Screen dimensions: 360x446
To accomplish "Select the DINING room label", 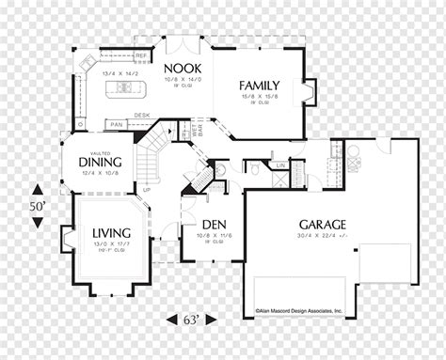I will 97,161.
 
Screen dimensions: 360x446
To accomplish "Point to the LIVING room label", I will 110,232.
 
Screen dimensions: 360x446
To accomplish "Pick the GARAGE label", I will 323,225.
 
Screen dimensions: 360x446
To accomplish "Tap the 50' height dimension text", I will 37,203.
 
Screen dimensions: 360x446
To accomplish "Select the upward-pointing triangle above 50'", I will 37,186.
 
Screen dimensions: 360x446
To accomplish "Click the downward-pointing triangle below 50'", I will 37,222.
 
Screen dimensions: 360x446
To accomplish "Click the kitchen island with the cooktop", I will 125,90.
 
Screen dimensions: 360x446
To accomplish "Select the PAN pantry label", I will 116,123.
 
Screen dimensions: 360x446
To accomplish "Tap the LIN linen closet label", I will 280,166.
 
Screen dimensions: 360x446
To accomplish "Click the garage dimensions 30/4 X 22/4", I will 322,236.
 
